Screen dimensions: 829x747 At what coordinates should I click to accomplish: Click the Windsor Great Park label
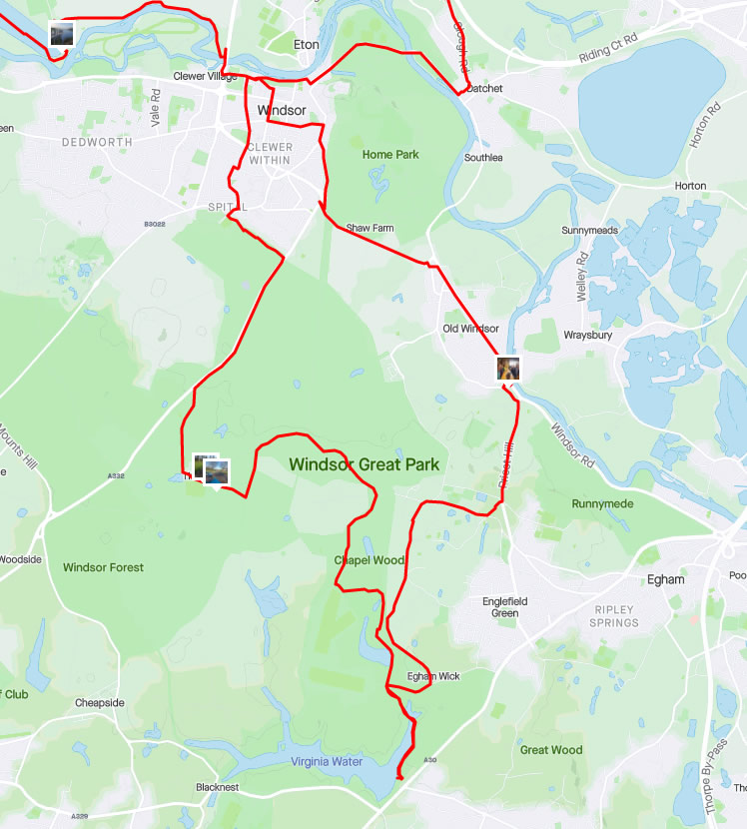pyautogui.click(x=364, y=464)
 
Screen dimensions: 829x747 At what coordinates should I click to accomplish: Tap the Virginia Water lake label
pyautogui.click(x=327, y=761)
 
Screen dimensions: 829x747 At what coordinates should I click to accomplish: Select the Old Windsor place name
pyautogui.click(x=470, y=329)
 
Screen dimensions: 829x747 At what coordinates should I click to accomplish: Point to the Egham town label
pyautogui.click(x=666, y=579)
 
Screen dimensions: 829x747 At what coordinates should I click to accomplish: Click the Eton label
pyautogui.click(x=307, y=45)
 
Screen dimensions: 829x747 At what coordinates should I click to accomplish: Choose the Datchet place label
pyautogui.click(x=484, y=89)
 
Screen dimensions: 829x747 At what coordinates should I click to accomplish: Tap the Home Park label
pyautogui.click(x=390, y=155)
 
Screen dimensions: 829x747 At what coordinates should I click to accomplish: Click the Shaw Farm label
pyautogui.click(x=370, y=229)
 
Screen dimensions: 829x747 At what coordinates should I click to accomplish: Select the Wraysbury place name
pyautogui.click(x=586, y=335)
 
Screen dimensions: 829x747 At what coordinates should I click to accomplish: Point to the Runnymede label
pyautogui.click(x=602, y=503)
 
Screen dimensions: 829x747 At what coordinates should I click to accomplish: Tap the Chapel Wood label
pyautogui.click(x=369, y=560)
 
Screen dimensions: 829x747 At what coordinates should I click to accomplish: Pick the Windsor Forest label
pyautogui.click(x=103, y=567)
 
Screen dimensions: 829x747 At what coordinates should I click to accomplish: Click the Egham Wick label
pyautogui.click(x=433, y=677)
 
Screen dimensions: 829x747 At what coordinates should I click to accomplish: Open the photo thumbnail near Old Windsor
pyautogui.click(x=508, y=369)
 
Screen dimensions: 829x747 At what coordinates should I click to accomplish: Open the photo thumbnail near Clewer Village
pyautogui.click(x=62, y=34)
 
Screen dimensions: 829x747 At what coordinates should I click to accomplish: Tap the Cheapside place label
pyautogui.click(x=100, y=703)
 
